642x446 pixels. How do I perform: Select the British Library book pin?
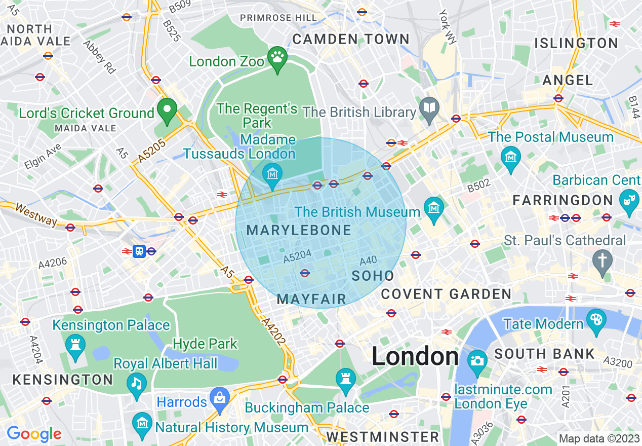(429, 108)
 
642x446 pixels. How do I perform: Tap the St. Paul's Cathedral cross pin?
(603, 261)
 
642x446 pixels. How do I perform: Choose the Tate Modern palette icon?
(596, 320)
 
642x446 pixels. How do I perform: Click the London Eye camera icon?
(477, 360)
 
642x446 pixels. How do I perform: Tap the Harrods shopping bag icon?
(220, 397)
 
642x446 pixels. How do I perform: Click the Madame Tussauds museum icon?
(272, 173)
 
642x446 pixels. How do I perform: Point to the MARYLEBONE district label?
(299, 231)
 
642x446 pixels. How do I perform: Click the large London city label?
(415, 357)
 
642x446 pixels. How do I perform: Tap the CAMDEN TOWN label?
(351, 39)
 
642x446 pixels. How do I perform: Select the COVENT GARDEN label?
(446, 294)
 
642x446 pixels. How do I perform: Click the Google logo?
(34, 434)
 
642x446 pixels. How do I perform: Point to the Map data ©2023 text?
(599, 438)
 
